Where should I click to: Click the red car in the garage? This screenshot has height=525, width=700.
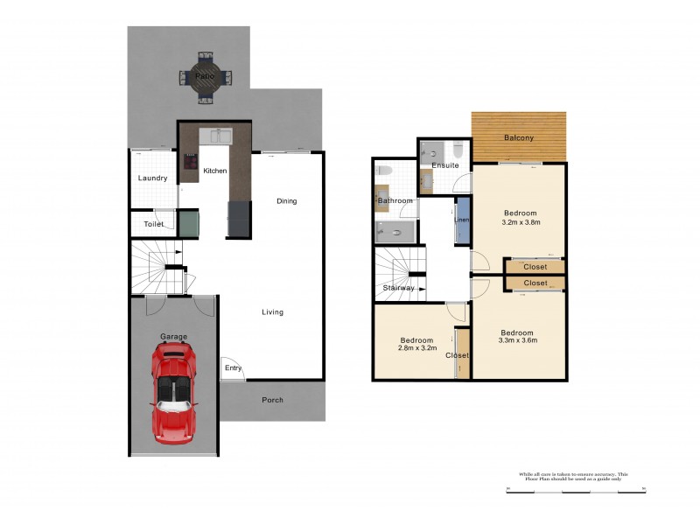[174, 390]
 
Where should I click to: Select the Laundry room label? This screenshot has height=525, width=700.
[153, 178]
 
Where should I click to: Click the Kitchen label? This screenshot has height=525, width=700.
[215, 171]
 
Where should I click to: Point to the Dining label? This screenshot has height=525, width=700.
[287, 201]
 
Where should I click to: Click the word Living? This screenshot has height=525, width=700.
[272, 312]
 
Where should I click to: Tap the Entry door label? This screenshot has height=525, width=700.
[233, 368]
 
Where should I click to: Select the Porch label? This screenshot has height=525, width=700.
[272, 401]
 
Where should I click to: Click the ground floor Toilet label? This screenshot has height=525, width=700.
[154, 224]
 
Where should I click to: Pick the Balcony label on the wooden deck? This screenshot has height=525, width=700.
[519, 138]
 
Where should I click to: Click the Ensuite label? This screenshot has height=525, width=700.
[444, 165]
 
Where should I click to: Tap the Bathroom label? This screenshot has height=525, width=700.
[395, 201]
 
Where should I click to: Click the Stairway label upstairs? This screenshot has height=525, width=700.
[399, 288]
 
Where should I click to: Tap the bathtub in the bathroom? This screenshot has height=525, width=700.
[395, 231]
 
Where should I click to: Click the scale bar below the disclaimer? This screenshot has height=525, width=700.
[575, 491]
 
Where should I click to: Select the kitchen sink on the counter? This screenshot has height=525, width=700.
[215, 136]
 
